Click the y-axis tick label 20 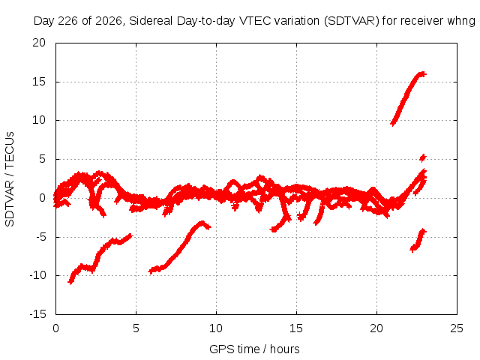coord(39,43)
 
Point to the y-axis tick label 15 coord(39,82)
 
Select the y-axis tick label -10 coord(37,275)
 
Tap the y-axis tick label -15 coord(37,314)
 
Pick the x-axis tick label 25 coord(457,328)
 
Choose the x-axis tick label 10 coord(216,328)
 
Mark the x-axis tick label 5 coord(136,328)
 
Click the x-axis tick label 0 coord(55,328)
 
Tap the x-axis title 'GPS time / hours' coord(254,349)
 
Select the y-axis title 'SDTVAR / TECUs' coord(10,179)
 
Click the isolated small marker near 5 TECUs coord(423,157)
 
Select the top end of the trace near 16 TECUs coord(423,73)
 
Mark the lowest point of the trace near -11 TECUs coord(70,282)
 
